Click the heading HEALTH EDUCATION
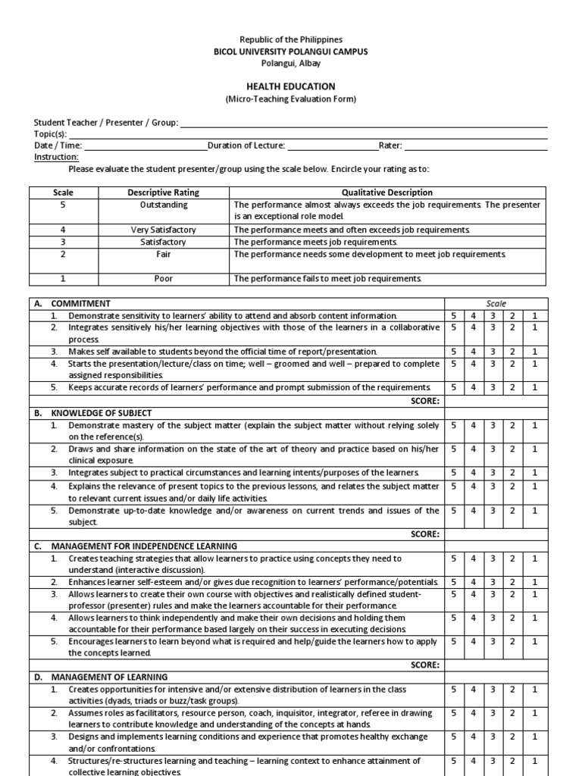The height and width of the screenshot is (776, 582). [290, 86]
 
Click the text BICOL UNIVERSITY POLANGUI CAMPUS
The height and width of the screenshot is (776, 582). [290, 51]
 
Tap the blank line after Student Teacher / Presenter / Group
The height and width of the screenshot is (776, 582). [363, 123]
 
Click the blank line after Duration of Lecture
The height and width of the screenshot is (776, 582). [330, 145]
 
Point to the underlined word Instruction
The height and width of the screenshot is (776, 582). [57, 157]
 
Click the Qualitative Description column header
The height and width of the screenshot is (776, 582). [387, 192]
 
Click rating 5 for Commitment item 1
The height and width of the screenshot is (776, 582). [453, 315]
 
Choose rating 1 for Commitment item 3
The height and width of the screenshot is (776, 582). [533, 352]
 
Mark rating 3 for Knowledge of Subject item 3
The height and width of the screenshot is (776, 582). [493, 473]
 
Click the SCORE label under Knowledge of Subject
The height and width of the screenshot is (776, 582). [424, 534]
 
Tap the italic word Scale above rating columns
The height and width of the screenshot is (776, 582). [496, 303]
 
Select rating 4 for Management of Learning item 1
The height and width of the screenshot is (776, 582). [473, 690]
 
